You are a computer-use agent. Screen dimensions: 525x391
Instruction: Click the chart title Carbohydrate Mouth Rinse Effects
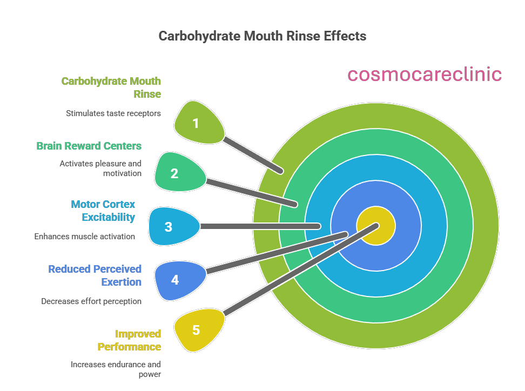[x=262, y=36]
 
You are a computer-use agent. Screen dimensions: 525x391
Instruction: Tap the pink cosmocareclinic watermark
[x=425, y=74]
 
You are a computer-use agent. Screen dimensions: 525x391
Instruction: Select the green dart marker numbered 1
[x=199, y=122]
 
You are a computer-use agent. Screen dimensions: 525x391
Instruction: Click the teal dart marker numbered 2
[x=180, y=172]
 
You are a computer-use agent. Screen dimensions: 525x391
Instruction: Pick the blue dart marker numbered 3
[x=174, y=226]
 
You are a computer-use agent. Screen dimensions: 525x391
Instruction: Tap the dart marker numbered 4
[x=180, y=280]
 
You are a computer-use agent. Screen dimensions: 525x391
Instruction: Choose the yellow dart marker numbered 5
[x=199, y=330]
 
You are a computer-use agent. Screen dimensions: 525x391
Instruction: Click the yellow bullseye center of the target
[x=376, y=226]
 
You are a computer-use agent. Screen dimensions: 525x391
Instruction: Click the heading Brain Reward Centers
[x=89, y=146]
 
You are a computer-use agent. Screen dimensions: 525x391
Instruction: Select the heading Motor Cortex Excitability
[x=103, y=211]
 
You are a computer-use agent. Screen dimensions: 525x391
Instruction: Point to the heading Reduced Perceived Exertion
[x=95, y=275]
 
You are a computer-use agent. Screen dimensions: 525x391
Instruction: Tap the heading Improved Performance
[x=129, y=340]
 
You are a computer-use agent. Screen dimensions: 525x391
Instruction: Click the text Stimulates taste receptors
[x=113, y=113]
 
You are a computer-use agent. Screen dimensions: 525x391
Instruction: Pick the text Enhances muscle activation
[x=84, y=237]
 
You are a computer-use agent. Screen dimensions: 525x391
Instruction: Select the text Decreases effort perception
[x=91, y=301]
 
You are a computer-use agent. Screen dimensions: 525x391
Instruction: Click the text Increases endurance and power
[x=116, y=369]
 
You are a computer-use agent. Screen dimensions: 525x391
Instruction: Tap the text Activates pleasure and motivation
[x=100, y=168]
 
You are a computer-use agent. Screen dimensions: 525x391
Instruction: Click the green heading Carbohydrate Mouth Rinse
[x=111, y=87]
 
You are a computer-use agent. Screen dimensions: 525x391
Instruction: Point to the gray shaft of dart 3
[x=260, y=226]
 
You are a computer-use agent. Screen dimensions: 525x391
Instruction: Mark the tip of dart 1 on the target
[x=281, y=171]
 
